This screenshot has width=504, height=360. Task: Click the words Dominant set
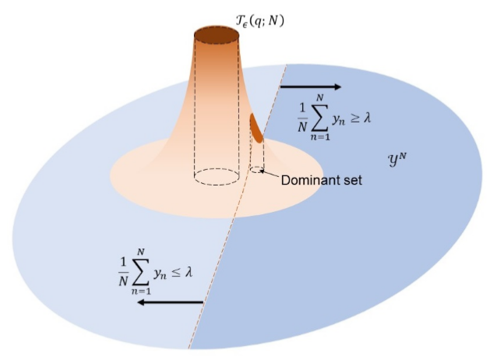click(x=317, y=180)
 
